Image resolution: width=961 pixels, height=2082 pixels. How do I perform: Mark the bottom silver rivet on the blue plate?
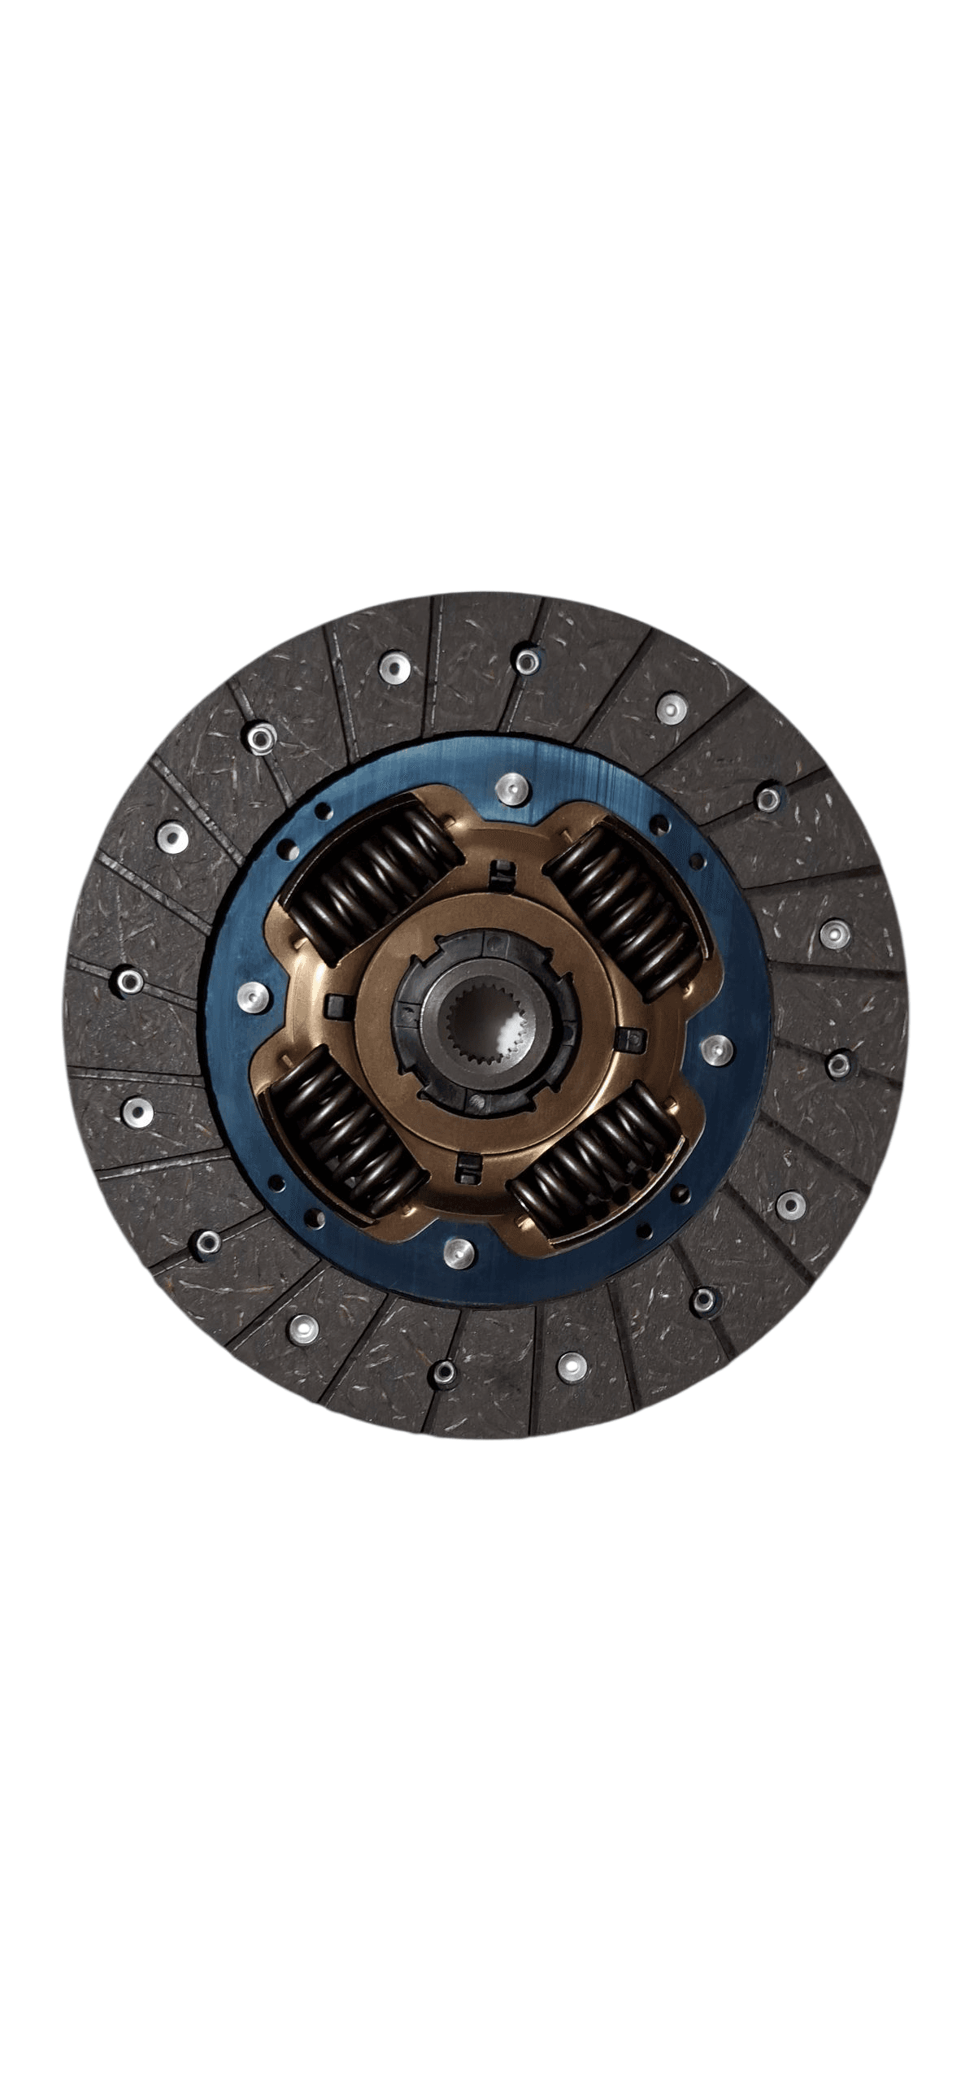tap(459, 1250)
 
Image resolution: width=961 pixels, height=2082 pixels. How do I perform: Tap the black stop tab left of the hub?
tap(336, 1005)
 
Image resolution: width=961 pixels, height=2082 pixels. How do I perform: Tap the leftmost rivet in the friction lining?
tap(128, 982)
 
